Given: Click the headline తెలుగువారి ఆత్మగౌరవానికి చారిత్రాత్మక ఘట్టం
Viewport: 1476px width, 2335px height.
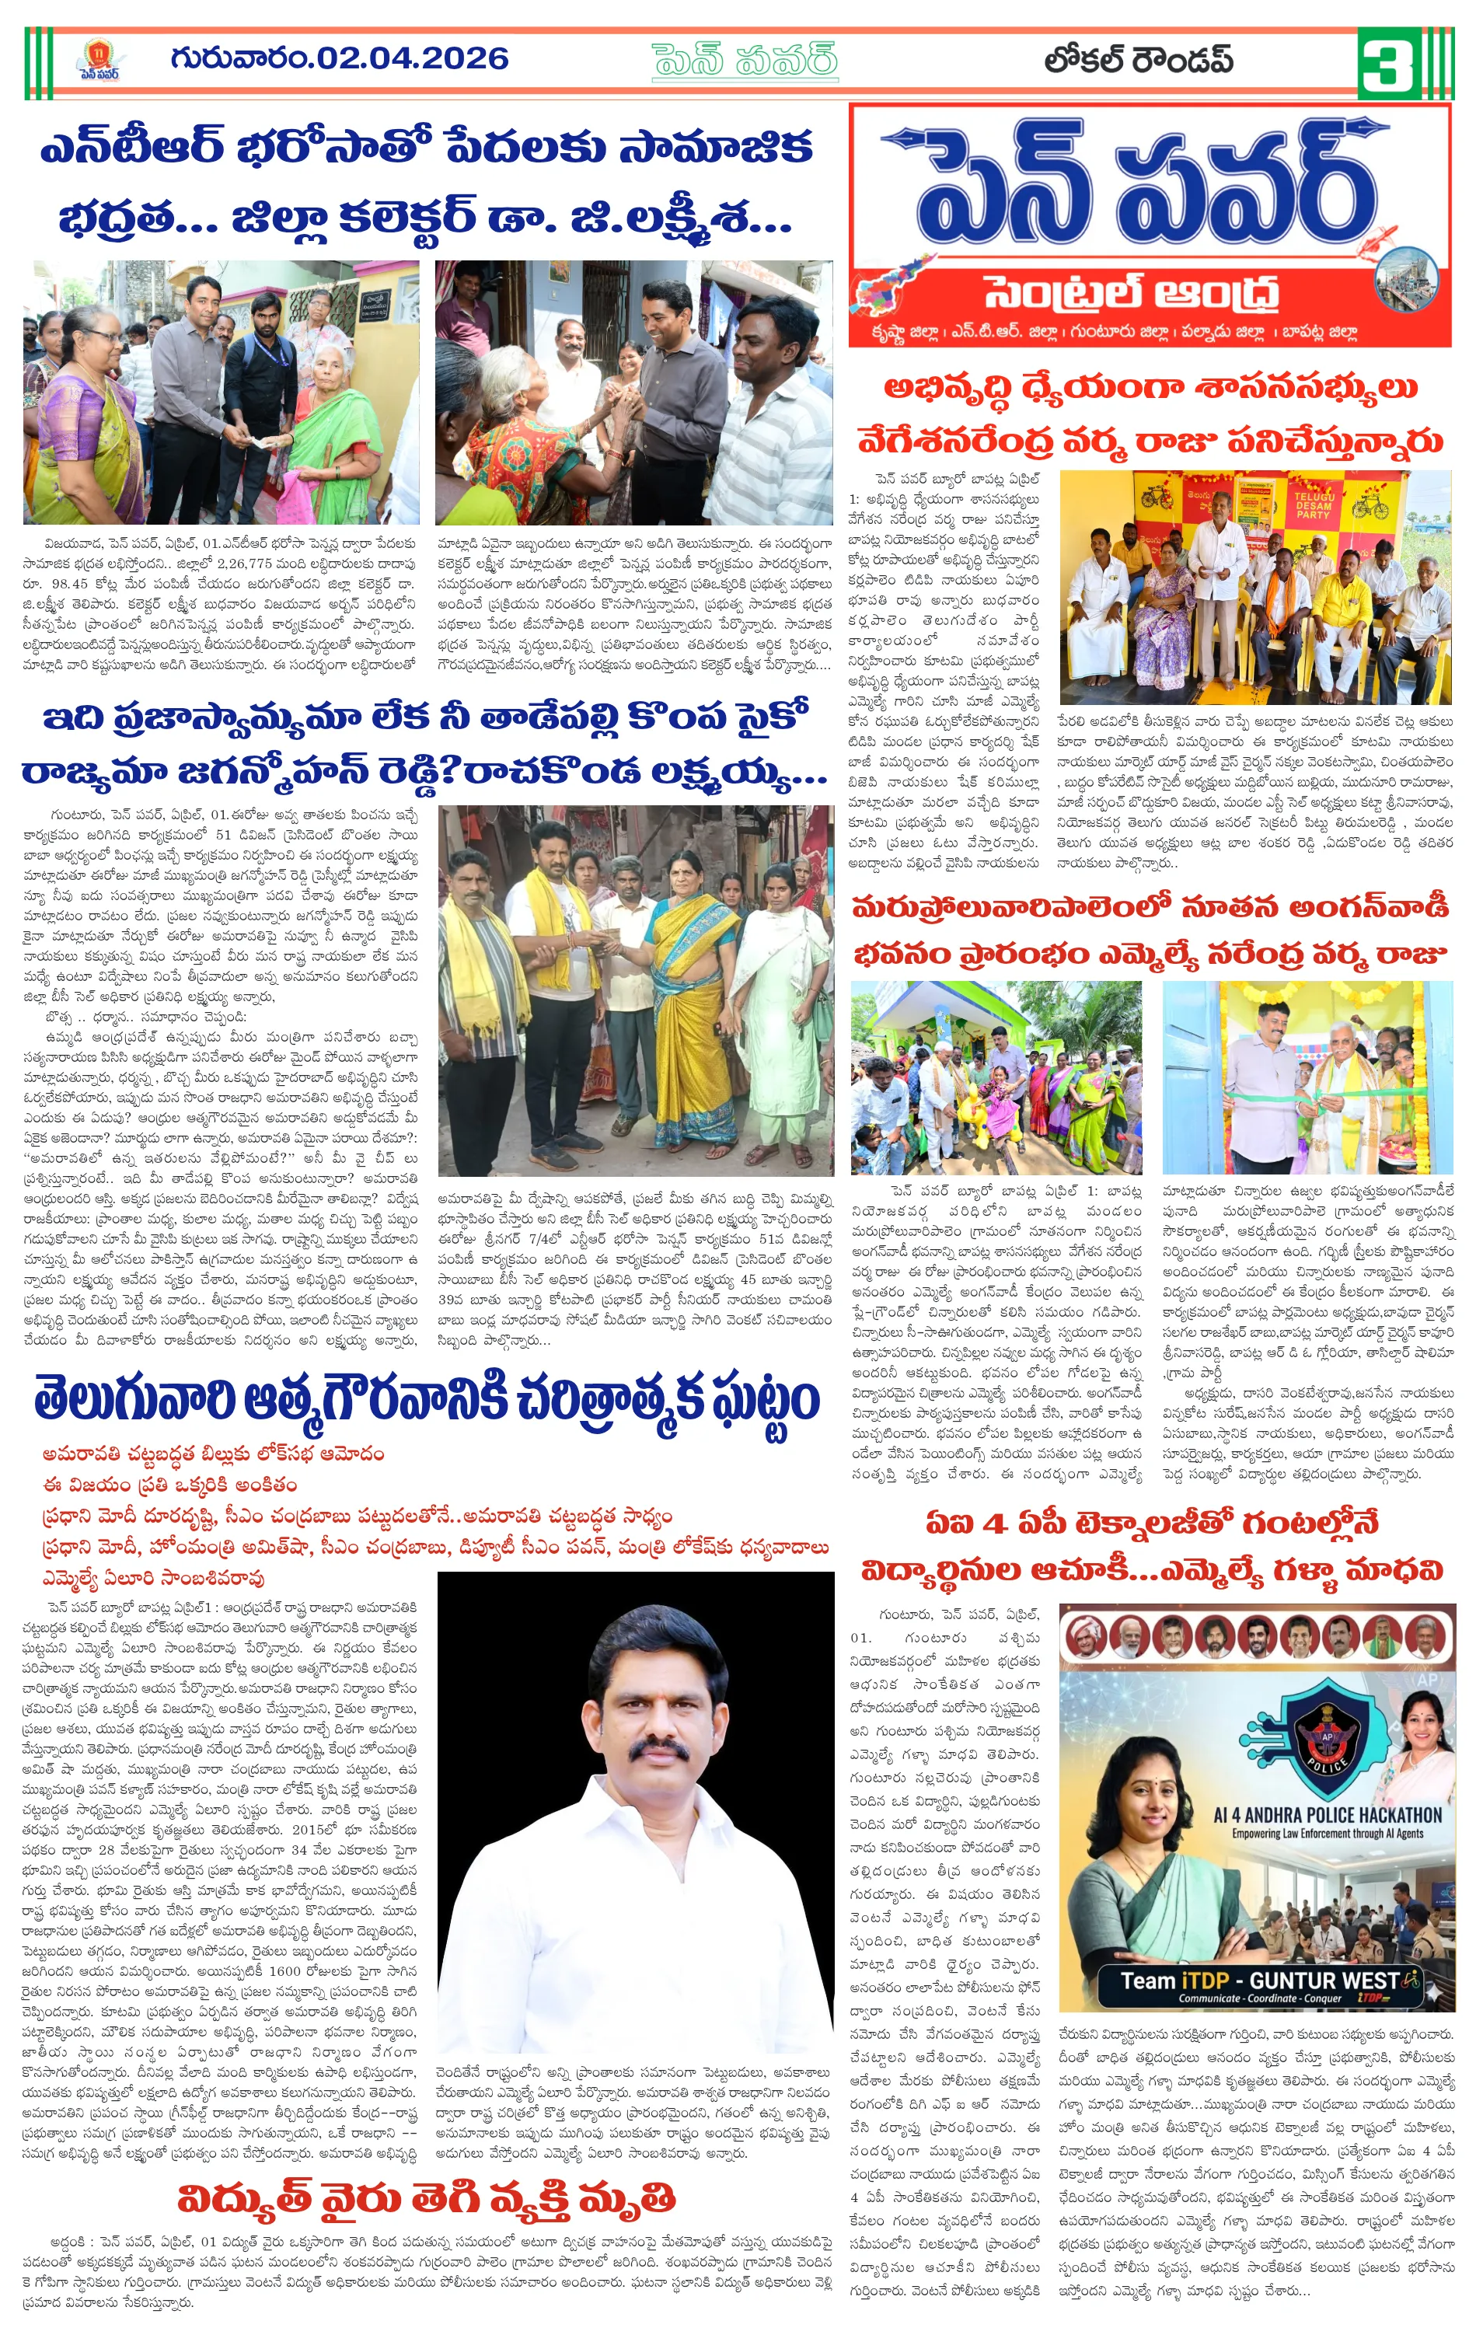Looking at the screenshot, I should [427, 1402].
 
